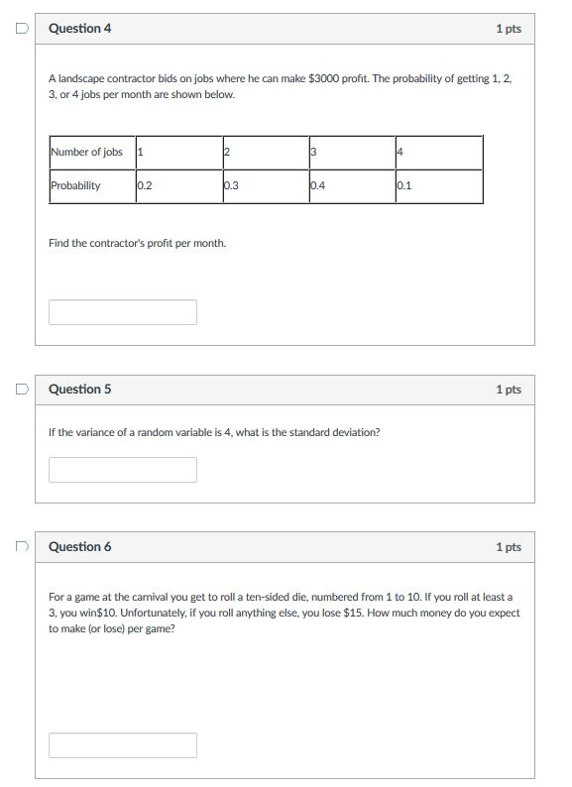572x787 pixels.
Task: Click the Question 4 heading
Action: tap(80, 29)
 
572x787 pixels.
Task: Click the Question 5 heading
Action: tap(80, 390)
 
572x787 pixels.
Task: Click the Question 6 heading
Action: tap(80, 547)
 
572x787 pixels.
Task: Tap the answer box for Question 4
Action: tap(123, 312)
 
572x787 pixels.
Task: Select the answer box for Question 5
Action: tap(123, 470)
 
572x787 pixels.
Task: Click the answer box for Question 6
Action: tap(123, 745)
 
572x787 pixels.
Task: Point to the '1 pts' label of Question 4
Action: tap(508, 29)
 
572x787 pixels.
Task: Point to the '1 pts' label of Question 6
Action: tap(508, 547)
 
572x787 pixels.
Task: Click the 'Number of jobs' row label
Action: tap(86, 152)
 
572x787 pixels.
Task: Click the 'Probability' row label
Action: tap(75, 185)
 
